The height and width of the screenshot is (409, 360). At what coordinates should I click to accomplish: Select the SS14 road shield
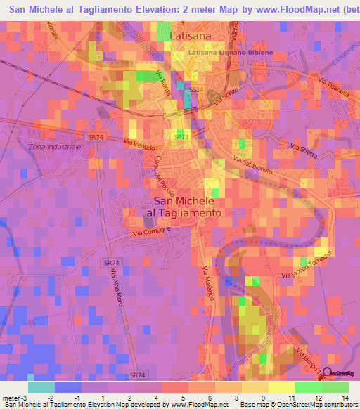(196, 91)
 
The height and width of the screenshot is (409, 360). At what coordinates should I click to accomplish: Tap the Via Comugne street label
(150, 231)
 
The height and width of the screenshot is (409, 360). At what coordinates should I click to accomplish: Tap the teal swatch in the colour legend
(41, 387)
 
